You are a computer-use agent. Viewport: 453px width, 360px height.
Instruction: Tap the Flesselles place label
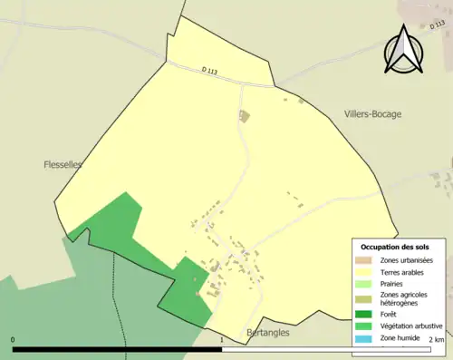click(63, 165)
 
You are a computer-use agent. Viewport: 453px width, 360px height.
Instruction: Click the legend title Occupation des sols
click(395, 247)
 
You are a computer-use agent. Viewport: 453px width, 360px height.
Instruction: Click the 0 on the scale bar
click(14, 340)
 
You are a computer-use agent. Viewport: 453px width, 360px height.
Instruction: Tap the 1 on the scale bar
click(222, 340)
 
